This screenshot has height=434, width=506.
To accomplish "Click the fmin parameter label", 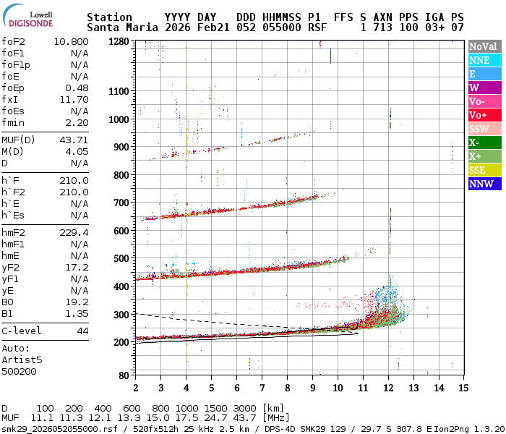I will click(x=14, y=122).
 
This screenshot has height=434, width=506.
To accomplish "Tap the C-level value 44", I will click(x=82, y=331).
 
